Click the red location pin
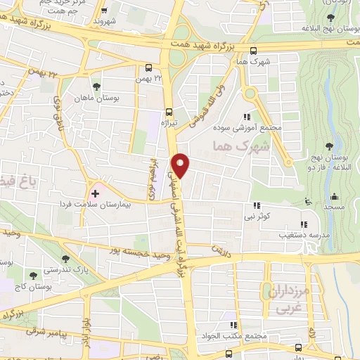click(181, 164)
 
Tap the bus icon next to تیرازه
click(168, 111)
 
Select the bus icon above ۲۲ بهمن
click(148, 68)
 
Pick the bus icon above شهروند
click(104, 11)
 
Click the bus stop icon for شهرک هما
click(253, 51)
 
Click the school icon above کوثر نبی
click(257, 206)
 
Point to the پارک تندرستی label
click(73, 269)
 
